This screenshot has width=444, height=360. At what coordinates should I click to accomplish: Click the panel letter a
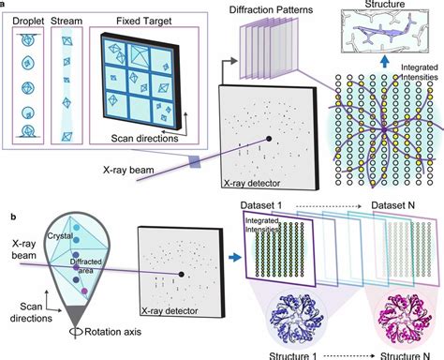coord(5,5)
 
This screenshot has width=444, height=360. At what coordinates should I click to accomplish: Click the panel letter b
coord(5,190)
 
